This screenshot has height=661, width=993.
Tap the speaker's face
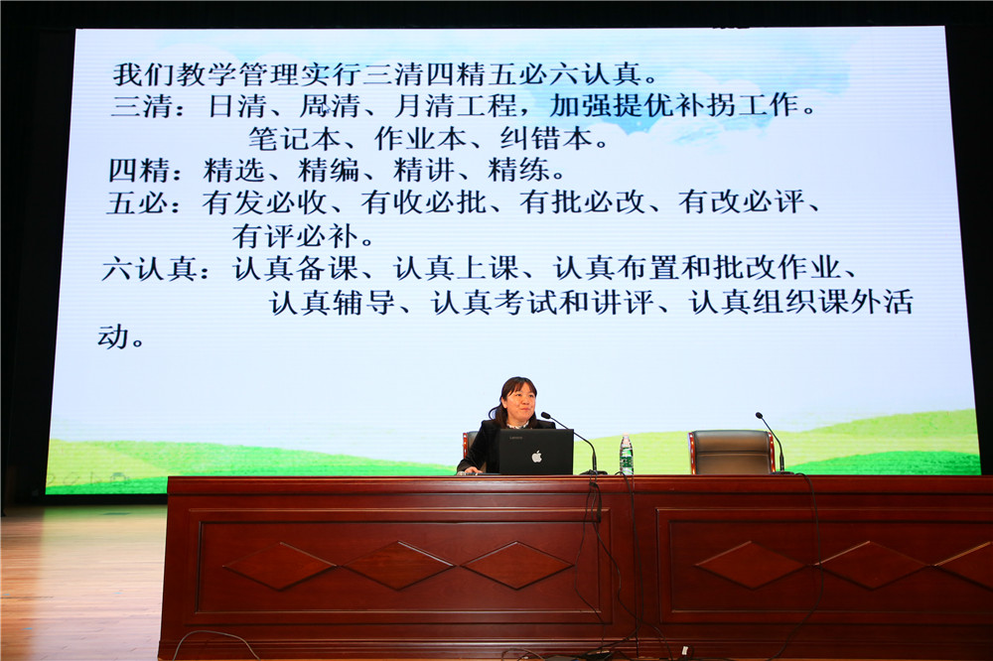[x=519, y=403]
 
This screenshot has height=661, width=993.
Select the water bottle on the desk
[x=626, y=456]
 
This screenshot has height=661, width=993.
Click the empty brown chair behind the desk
[x=731, y=452]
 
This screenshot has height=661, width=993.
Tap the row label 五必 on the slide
[x=137, y=203]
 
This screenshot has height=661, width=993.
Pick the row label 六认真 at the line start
[x=148, y=269]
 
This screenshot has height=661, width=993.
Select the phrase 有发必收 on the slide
[x=263, y=203]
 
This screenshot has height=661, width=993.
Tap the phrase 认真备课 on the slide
[x=295, y=269]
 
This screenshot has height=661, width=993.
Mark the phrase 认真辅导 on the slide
[x=333, y=303]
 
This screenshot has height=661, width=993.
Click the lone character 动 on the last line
[x=113, y=335]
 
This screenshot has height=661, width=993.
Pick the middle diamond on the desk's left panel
[x=398, y=565]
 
